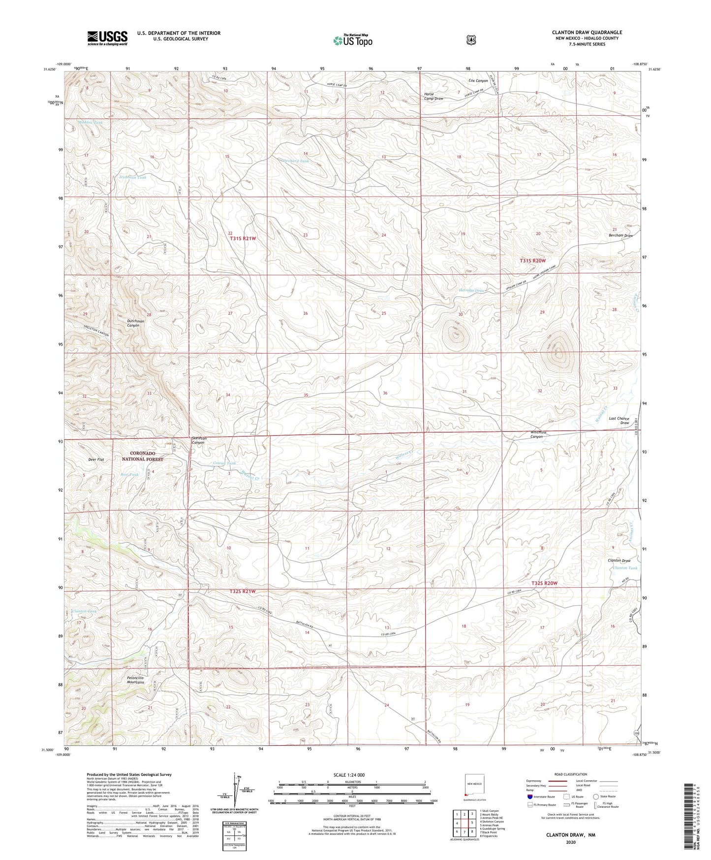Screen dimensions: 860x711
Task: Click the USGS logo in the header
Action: click(107, 37)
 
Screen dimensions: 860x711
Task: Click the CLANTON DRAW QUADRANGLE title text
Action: click(587, 33)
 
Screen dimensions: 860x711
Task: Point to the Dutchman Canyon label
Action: click(136, 323)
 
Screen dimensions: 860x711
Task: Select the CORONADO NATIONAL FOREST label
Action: click(143, 456)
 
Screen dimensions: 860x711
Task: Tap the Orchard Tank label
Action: click(296, 161)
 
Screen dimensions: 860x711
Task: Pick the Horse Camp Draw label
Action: click(433, 96)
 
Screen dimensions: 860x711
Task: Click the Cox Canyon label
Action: click(478, 80)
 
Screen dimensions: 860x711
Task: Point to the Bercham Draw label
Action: click(620, 235)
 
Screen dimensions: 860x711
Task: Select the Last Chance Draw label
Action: click(619, 421)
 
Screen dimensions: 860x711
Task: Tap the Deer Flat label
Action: click(96, 460)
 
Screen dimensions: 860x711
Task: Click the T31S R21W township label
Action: click(243, 239)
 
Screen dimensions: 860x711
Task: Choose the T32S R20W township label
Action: click(544, 583)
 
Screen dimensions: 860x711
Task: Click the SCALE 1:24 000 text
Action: click(349, 775)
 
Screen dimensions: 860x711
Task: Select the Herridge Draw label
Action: click(472, 291)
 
